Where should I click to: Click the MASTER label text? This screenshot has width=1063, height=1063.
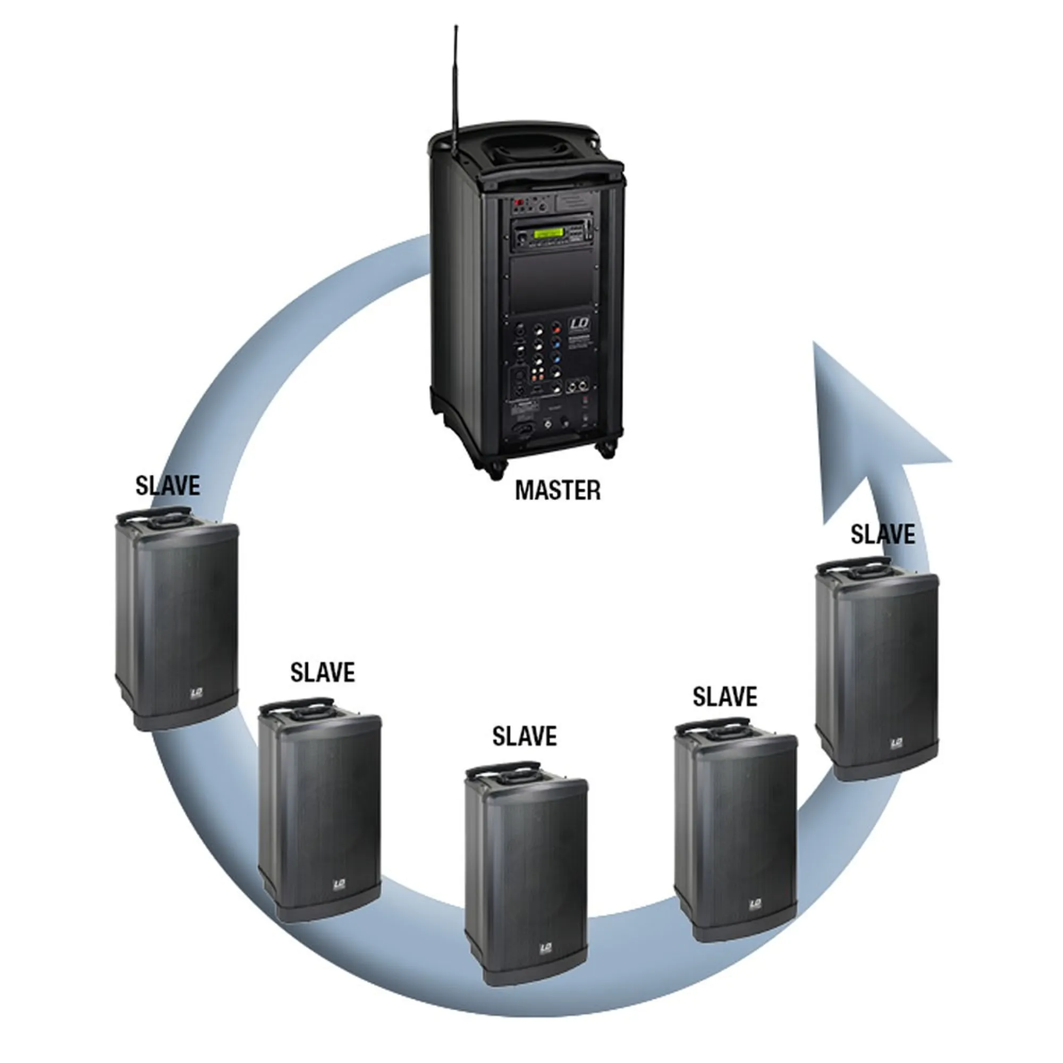(558, 490)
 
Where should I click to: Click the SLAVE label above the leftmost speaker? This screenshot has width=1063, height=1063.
(168, 485)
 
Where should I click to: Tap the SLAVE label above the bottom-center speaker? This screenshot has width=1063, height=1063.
(525, 736)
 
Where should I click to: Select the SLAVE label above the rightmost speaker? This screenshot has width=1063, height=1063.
(883, 534)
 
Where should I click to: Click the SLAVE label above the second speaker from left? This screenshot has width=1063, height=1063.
(323, 672)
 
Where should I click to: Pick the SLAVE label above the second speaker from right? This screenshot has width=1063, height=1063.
(724, 697)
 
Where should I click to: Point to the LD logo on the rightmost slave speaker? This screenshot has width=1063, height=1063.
(896, 744)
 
